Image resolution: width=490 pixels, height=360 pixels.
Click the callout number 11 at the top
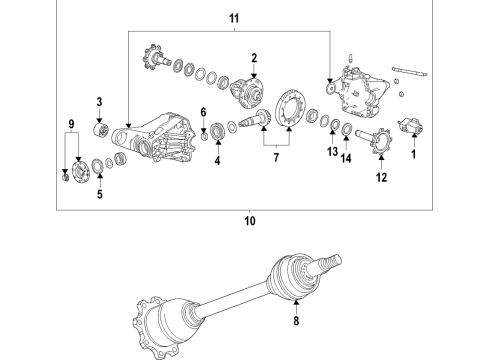[x=234, y=19]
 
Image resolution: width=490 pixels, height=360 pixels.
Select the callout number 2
[x=255, y=58]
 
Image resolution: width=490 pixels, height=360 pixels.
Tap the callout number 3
[x=100, y=102]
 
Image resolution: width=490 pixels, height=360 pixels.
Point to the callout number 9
[x=69, y=125]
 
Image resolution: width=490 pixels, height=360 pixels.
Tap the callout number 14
[x=347, y=157]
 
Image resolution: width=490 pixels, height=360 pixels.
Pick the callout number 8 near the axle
[x=295, y=322]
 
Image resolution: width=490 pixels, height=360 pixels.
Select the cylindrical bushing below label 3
[x=100, y=129]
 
